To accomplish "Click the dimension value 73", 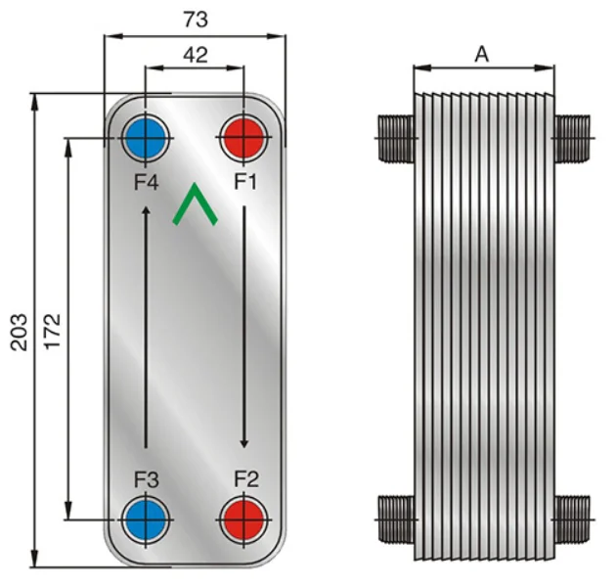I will pos(195,19).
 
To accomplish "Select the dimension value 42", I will pos(195,55).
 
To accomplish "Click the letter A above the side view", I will pos(481,55).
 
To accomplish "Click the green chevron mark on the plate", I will pos(195,204).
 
